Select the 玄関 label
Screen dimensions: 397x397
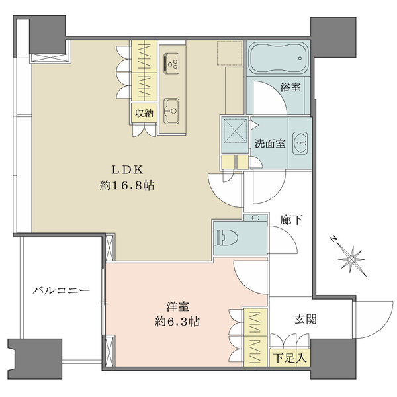pos(305,319)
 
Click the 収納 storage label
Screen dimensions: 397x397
pos(145,112)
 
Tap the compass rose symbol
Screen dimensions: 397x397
pos(352,256)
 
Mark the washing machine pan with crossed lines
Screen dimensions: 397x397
pos(234,129)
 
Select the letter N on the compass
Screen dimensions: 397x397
pos(335,240)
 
